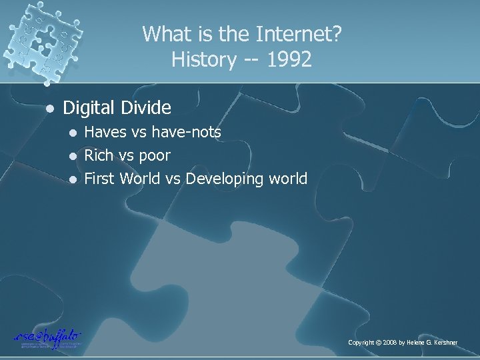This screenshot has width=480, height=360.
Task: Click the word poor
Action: pyautogui.click(x=155, y=156)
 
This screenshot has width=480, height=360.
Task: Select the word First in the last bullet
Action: pyautogui.click(x=100, y=178)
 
